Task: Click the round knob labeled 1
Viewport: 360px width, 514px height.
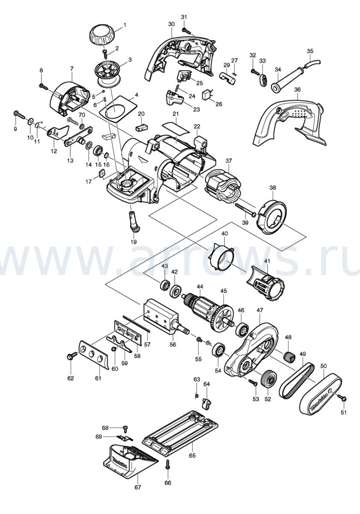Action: tap(102, 35)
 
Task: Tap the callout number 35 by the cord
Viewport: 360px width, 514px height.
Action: tap(310, 51)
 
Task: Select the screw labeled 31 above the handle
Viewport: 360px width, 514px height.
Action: tap(187, 31)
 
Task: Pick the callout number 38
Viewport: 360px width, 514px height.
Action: tap(273, 188)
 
